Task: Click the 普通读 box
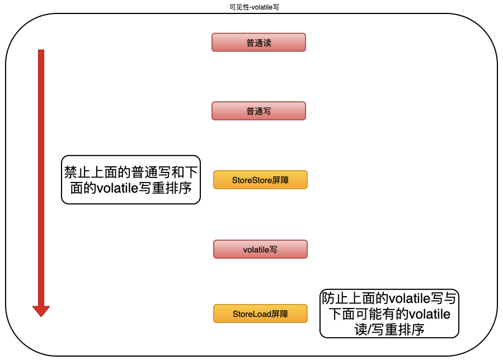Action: click(258, 43)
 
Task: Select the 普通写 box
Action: click(258, 111)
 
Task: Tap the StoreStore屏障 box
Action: click(260, 180)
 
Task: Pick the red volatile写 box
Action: click(260, 249)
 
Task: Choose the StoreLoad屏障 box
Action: click(260, 314)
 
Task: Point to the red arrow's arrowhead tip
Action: click(41, 316)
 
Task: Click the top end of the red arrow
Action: click(41, 51)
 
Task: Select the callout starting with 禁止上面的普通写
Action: click(130, 180)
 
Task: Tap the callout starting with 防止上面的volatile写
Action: click(389, 314)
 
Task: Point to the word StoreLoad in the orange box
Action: click(252, 314)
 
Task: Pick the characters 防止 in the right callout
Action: click(335, 298)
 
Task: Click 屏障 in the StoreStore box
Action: click(281, 180)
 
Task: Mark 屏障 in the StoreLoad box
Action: click(280, 314)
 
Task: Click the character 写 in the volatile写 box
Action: click(274, 250)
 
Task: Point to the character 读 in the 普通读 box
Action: click(267, 43)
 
